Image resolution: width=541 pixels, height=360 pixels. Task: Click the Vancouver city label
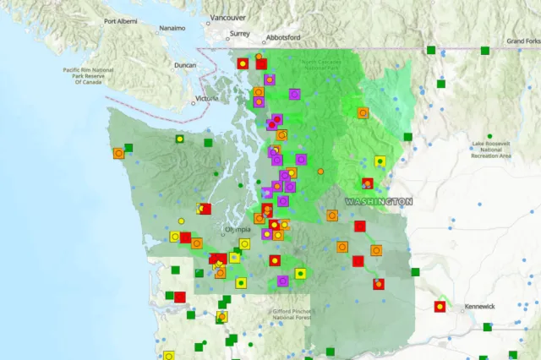pos(227,17)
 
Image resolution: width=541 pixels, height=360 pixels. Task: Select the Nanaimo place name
pos(174,28)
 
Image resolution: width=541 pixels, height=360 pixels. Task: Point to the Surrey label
pos(239,35)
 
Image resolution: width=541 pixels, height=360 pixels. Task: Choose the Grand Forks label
pos(523,41)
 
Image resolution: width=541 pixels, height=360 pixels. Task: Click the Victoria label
pos(206,99)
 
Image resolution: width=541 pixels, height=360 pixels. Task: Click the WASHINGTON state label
pos(379,201)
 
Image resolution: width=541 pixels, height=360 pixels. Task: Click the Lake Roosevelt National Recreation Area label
pos(492,150)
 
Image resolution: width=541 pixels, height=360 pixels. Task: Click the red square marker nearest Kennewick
pos(440,306)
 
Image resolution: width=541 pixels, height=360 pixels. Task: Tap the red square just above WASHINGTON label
pos(368,183)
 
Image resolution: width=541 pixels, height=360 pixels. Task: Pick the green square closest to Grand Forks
pos(485,51)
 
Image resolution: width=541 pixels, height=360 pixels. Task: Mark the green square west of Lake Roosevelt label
pos(407,137)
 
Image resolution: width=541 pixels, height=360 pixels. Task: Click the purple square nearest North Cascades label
pos(295,94)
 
